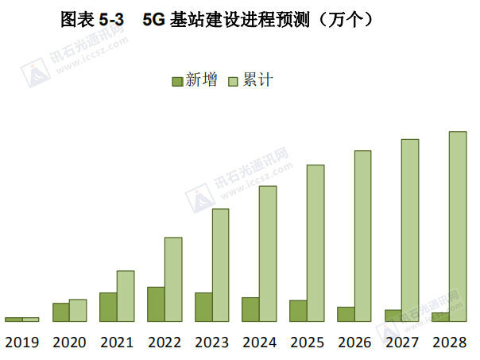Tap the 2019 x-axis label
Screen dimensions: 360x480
point(21,343)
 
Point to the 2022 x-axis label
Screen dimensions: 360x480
point(164,343)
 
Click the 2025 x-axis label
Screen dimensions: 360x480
point(307,343)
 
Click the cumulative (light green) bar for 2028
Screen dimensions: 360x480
point(458,226)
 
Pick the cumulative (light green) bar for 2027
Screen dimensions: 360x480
point(410,230)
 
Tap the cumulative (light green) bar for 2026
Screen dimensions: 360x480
point(362,236)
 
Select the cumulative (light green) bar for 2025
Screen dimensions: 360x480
point(315,243)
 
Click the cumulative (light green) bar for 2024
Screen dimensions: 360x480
point(268,254)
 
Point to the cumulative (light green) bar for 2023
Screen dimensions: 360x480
point(220,265)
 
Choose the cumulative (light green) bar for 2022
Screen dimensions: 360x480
point(173,279)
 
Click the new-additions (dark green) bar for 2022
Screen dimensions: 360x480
point(156,304)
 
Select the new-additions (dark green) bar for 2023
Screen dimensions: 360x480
point(203,307)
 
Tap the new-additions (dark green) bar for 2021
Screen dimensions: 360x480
point(108,307)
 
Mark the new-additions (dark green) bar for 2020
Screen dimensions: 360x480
point(60,312)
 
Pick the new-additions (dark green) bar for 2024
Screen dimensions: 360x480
point(250,309)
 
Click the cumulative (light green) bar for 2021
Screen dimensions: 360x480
point(126,296)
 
